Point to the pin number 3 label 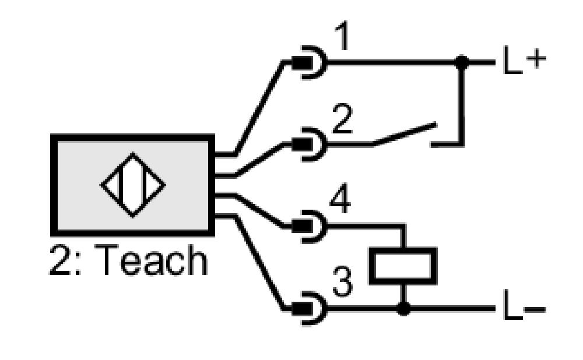point(342,282)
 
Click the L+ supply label point(524,60)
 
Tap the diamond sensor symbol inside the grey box point(133,185)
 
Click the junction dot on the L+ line point(462,62)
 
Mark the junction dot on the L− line point(403,308)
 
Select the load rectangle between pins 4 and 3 point(403,266)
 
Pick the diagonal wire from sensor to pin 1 point(259,107)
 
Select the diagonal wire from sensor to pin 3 point(259,262)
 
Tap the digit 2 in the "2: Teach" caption point(59,260)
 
